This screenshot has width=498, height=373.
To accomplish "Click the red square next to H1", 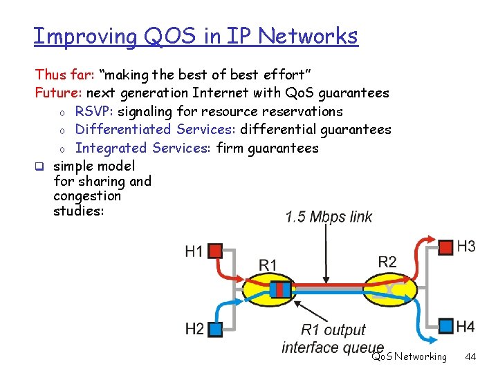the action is (215, 250).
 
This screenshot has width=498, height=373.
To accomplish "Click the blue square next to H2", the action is (215, 329).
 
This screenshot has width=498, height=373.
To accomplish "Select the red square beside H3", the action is (446, 247).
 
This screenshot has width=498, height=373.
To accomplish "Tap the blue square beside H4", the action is (446, 325).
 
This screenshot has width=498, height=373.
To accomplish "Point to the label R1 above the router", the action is (268, 265).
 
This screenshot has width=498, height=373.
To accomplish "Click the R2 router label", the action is (387, 261).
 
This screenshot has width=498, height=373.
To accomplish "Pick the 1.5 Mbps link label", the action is (329, 217).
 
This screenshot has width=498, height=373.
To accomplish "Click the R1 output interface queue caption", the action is (333, 338).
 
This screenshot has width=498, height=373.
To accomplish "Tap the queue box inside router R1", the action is (280, 289).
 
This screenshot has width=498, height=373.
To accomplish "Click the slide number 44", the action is (471, 357).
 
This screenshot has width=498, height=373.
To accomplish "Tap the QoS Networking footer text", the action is (409, 357).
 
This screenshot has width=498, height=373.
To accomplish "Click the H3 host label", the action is (466, 247).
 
